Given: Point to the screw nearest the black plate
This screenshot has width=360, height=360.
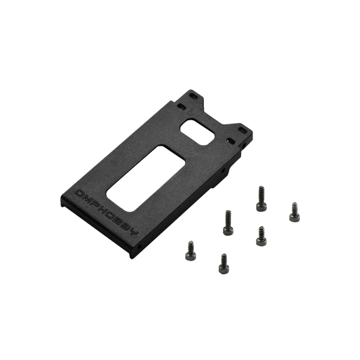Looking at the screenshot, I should coord(228,220).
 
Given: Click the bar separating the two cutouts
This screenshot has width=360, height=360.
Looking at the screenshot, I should coord(181,138).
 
